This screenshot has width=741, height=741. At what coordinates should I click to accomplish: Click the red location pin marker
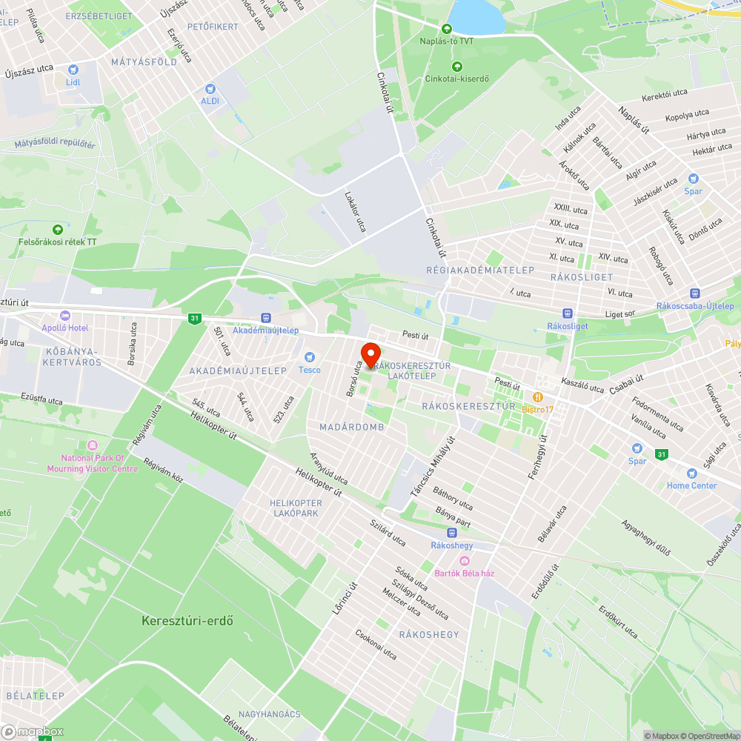(x=370, y=353)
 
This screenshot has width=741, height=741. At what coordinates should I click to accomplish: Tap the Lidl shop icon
(x=73, y=70)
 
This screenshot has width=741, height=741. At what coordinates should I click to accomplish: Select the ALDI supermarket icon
(x=210, y=88)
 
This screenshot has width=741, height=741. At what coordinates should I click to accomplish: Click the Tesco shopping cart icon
(x=310, y=357)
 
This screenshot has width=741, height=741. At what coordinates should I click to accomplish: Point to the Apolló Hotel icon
(x=65, y=315)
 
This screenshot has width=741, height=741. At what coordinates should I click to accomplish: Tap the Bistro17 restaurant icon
(x=538, y=397)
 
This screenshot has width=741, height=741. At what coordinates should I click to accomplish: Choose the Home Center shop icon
(x=691, y=473)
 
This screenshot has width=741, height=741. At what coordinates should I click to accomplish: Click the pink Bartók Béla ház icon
(x=465, y=560)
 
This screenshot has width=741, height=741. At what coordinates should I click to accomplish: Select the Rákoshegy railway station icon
(x=451, y=533)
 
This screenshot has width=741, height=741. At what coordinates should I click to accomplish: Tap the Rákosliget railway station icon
(x=567, y=313)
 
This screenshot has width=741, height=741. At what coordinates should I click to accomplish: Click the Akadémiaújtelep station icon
(x=266, y=318)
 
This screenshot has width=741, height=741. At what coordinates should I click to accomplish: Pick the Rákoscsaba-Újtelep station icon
(x=694, y=293)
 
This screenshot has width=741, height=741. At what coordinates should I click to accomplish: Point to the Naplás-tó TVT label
(x=446, y=41)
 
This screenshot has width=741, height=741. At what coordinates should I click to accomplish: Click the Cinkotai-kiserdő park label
(x=456, y=79)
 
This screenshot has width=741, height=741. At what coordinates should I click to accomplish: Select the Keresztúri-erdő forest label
(x=187, y=620)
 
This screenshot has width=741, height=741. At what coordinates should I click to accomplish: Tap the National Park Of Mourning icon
(x=93, y=445)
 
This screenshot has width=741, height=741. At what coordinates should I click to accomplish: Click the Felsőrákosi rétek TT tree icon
(x=58, y=230)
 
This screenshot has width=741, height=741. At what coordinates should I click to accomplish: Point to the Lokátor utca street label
(x=355, y=212)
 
